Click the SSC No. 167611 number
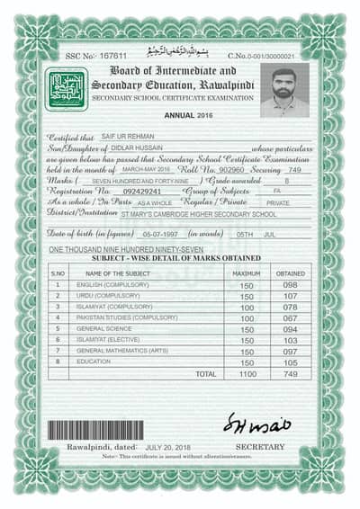point(114,56)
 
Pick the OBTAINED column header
point(290,272)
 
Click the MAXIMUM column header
point(247,272)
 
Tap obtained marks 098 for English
point(290,284)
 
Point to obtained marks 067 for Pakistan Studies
point(290,317)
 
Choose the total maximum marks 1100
point(247,372)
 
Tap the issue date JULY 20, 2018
point(169,446)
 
